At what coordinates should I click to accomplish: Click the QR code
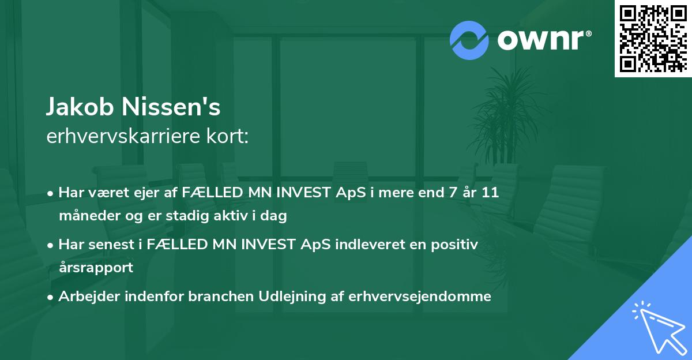[653, 39]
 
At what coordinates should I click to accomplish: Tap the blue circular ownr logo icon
[469, 40]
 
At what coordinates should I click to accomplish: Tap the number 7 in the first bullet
[443, 193]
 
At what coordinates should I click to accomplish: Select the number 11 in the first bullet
[490, 193]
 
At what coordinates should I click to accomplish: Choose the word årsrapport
[95, 268]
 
